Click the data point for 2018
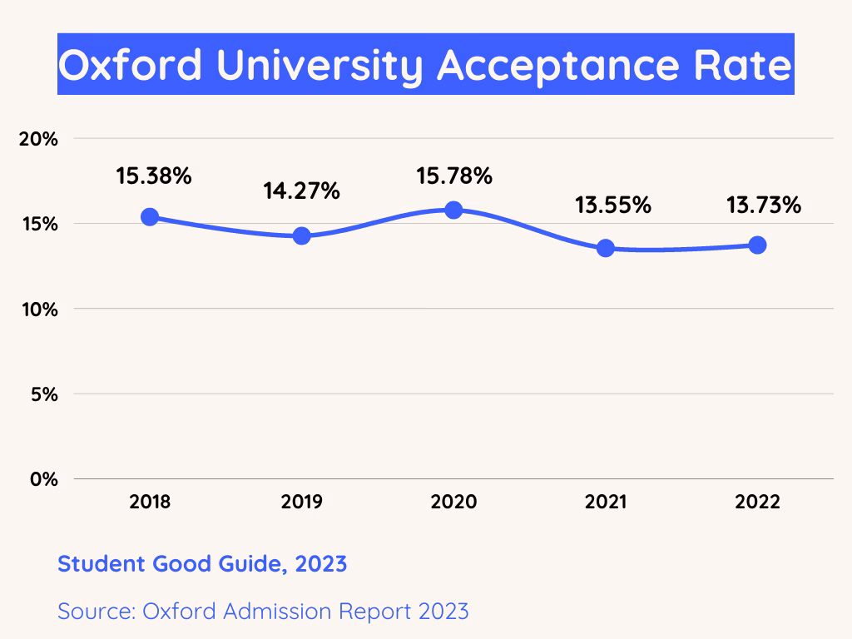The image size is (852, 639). click(150, 216)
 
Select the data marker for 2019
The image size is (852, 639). click(301, 235)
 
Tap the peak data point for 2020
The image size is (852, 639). click(453, 210)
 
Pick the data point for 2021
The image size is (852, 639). click(606, 248)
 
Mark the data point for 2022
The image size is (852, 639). click(757, 245)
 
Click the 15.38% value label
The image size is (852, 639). click(154, 176)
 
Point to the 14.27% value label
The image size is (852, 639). click(301, 191)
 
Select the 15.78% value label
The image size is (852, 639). click(454, 176)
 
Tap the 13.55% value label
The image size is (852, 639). click(613, 206)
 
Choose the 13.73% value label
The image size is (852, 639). click(764, 206)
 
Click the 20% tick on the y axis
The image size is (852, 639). click(38, 139)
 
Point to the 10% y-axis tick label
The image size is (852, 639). click(38, 310)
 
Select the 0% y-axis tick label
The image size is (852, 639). click(43, 480)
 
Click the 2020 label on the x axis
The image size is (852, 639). click(453, 503)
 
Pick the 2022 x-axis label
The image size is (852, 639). click(757, 503)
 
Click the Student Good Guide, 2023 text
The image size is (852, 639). click(202, 564)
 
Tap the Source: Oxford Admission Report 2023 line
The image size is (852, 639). click(263, 612)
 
